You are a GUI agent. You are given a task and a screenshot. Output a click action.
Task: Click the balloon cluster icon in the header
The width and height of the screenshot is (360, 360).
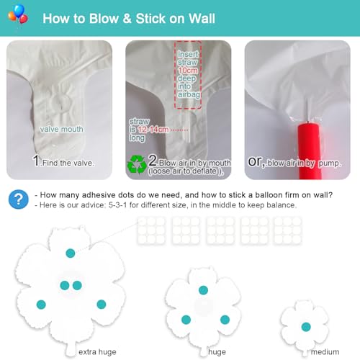(x=18, y=14)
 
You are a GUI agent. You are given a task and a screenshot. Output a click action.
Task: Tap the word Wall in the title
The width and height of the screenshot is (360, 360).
(x=202, y=19)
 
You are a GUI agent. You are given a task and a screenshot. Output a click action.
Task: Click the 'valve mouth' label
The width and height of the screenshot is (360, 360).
(x=62, y=129)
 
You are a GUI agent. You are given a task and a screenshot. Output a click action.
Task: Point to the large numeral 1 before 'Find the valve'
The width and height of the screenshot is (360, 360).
(x=36, y=161)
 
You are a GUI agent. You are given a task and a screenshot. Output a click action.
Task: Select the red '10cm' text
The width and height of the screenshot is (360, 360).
(x=188, y=71)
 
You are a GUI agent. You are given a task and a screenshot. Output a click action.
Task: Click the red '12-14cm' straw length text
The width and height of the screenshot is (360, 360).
(x=153, y=130)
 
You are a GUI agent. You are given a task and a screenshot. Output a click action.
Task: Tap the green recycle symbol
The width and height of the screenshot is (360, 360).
(x=137, y=164)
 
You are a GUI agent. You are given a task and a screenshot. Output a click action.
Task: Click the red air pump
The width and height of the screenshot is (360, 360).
(x=310, y=151)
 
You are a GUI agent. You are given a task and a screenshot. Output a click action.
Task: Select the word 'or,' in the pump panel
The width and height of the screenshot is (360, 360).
(x=256, y=162)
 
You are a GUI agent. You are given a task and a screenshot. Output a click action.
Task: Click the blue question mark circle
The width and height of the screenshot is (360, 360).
(x=19, y=199)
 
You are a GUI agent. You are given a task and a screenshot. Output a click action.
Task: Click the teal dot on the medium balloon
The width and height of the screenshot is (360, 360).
(x=306, y=327)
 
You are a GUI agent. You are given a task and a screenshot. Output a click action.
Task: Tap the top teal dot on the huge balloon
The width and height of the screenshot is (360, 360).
(x=203, y=290)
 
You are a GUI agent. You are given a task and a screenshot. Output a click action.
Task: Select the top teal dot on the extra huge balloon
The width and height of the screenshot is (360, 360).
(x=71, y=253)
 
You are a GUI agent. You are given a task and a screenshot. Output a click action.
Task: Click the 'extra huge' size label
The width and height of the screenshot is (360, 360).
(x=97, y=352)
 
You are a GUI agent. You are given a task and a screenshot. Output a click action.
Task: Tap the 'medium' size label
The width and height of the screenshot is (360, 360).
(x=325, y=352)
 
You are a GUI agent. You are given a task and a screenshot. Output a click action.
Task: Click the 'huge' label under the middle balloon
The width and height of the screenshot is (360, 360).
(x=217, y=352)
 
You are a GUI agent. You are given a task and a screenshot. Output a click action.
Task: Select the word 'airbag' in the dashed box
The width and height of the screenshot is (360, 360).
(x=189, y=94)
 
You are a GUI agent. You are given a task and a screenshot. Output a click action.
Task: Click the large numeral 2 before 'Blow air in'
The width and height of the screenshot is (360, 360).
(x=153, y=161)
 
